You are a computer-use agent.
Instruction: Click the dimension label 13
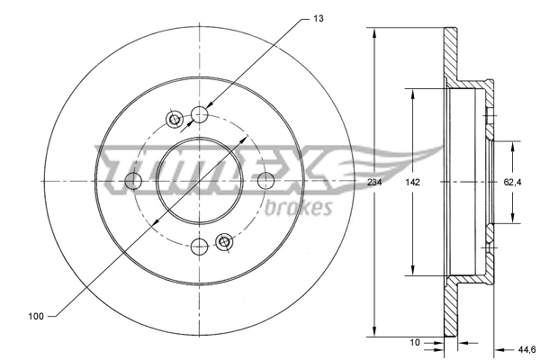tap(318, 17)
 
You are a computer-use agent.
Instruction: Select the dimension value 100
tap(36, 316)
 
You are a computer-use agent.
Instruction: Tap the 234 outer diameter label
tap(373, 182)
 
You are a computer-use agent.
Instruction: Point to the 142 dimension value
tap(412, 182)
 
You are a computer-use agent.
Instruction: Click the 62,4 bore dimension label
tap(513, 182)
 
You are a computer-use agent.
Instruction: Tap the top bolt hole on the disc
tap(200, 114)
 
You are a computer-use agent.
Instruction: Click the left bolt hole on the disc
tap(133, 181)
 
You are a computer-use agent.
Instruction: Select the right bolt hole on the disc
tap(265, 181)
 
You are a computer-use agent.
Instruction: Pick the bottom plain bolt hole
tap(200, 247)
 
